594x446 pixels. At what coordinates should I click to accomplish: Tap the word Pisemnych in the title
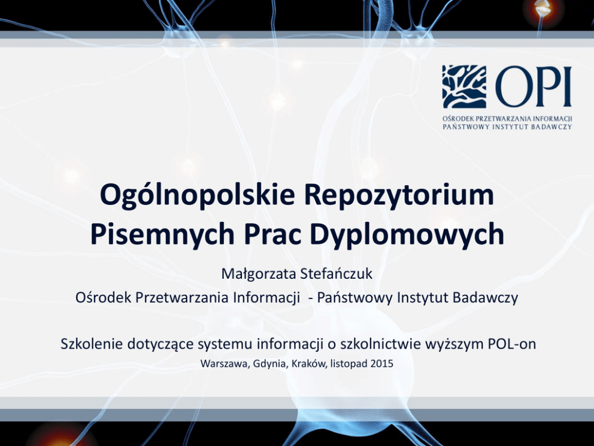[162, 235]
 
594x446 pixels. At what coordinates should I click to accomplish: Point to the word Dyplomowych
[407, 235]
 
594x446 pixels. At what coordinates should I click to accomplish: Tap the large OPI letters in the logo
[534, 86]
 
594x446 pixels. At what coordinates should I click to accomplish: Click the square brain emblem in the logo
[464, 86]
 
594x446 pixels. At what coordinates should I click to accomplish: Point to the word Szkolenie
[92, 344]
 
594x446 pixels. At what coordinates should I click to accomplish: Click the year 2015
[382, 363]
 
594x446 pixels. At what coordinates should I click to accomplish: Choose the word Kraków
[309, 364]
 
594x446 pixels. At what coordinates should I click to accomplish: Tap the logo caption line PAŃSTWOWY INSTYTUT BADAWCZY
[507, 126]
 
